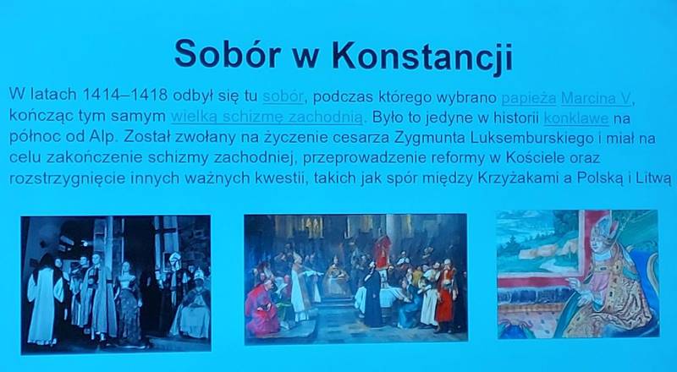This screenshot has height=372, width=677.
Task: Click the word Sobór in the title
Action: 228,54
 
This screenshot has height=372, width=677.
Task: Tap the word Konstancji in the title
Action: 422,57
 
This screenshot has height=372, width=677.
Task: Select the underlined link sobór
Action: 283,96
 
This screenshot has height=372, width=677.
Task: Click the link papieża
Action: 528,98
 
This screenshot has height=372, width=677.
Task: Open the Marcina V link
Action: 596,99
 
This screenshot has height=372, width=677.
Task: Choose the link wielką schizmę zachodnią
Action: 267,117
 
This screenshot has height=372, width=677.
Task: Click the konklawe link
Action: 576,118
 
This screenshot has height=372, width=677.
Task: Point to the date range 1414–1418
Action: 124,95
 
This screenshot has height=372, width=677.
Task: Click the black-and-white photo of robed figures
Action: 116,284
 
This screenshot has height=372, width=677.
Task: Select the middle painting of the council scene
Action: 355,279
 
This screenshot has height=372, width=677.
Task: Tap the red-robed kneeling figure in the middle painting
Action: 261,307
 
